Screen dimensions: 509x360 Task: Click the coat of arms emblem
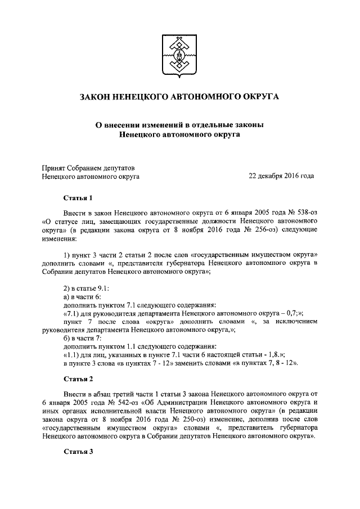(179, 56)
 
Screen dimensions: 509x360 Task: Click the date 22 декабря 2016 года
(281, 177)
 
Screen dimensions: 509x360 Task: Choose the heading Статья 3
(77, 452)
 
